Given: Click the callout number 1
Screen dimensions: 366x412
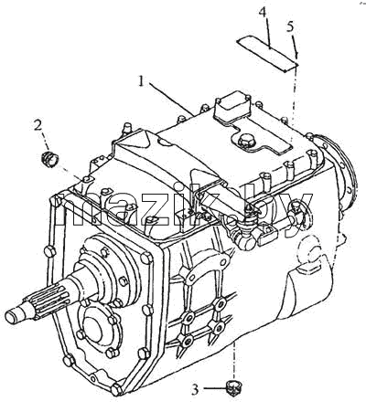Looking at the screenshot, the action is click(141, 81).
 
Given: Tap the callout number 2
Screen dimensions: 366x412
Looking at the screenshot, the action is click(38, 125).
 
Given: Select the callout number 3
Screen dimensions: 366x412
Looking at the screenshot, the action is click(195, 389).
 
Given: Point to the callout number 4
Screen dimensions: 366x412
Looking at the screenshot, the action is click(263, 13).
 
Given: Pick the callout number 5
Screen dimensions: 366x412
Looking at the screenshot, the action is click(290, 26).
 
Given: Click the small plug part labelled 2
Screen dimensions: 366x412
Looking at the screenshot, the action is click(50, 159).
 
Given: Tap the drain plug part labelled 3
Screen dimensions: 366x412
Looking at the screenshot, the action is click(234, 389).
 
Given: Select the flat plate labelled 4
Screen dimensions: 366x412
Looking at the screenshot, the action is click(267, 53).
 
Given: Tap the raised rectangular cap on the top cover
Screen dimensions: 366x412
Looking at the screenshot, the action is click(232, 107).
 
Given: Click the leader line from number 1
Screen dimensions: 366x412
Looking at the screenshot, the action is click(171, 98).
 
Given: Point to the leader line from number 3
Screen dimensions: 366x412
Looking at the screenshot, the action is click(214, 388).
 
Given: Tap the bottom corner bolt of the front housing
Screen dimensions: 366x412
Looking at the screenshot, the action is click(116, 390).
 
